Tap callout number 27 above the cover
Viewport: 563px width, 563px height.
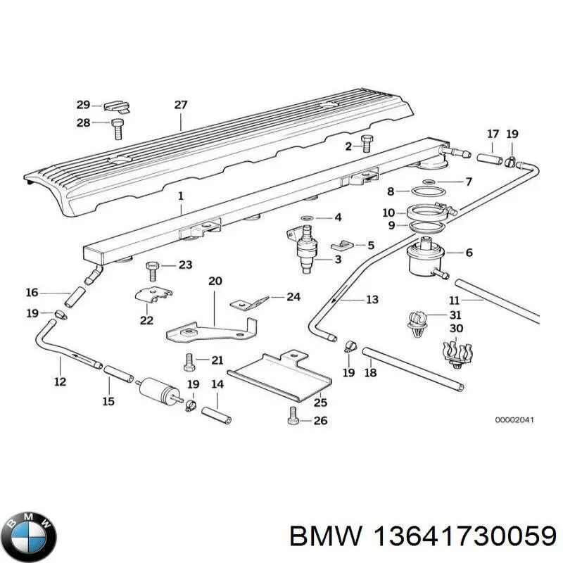(181, 105)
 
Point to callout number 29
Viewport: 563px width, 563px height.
(83, 105)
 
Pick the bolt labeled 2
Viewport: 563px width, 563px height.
(367, 144)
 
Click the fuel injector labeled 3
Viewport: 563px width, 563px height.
(306, 250)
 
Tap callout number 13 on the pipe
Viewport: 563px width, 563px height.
(372, 299)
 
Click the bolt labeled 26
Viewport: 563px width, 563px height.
(293, 419)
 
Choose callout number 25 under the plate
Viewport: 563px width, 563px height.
(320, 403)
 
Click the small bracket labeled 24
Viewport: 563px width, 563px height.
(250, 303)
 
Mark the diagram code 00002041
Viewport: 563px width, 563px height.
(514, 420)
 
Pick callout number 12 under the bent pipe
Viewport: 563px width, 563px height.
(60, 381)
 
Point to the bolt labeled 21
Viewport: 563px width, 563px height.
(188, 362)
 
